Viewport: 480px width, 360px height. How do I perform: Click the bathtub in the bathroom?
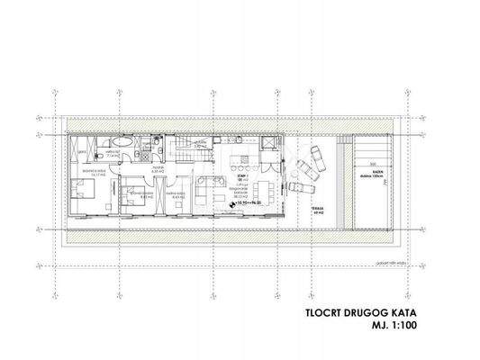[x=127, y=144]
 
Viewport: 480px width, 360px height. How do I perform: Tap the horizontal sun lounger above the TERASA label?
[x=301, y=188]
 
